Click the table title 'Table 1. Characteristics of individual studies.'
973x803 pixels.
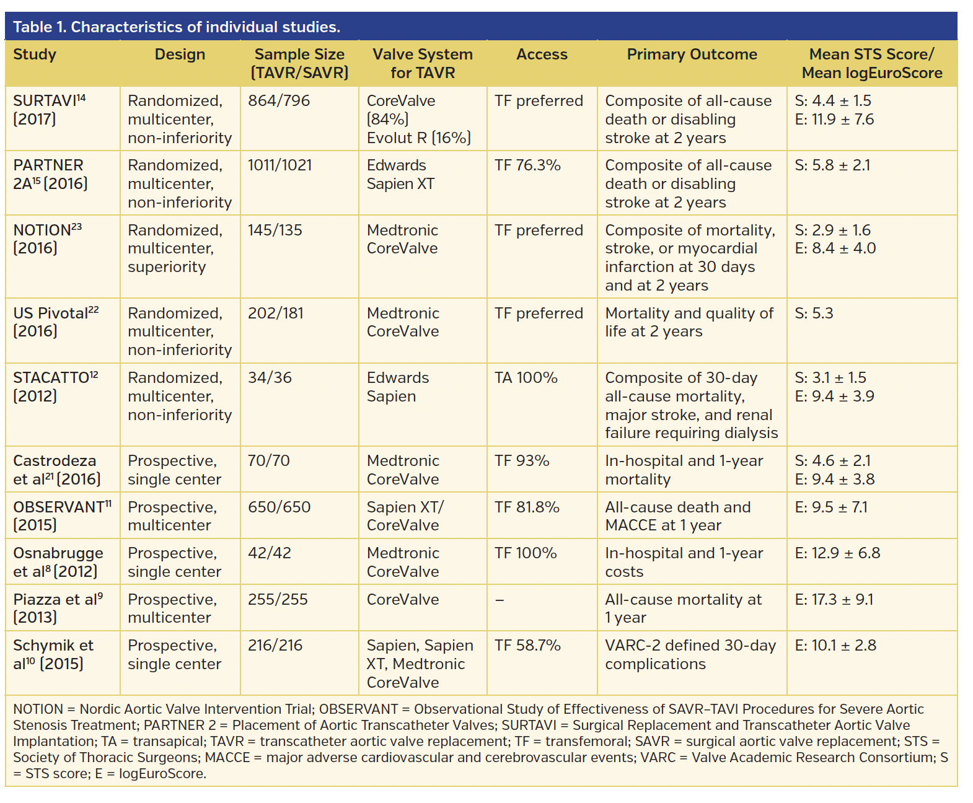[177, 27]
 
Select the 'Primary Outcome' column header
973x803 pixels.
[692, 55]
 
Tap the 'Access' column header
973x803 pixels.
[542, 55]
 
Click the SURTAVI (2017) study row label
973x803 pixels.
[49, 110]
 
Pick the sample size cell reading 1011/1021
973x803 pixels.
[280, 165]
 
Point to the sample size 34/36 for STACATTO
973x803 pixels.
[270, 378]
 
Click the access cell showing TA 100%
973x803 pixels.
[526, 378]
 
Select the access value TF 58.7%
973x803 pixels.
[527, 646]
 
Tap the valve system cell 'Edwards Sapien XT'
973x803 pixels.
[400, 175]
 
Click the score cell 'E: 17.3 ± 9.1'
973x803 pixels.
[834, 600]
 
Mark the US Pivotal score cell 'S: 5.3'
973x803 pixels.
[814, 314]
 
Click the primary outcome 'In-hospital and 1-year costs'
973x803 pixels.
[684, 562]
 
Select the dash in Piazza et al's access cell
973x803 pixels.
[500, 600]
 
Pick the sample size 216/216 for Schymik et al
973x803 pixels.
[275, 646]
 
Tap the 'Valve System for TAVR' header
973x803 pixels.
[423, 63]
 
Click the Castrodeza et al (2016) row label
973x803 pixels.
[56, 470]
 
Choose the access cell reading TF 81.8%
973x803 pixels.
[527, 507]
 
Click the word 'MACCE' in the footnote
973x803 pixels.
[227, 757]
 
